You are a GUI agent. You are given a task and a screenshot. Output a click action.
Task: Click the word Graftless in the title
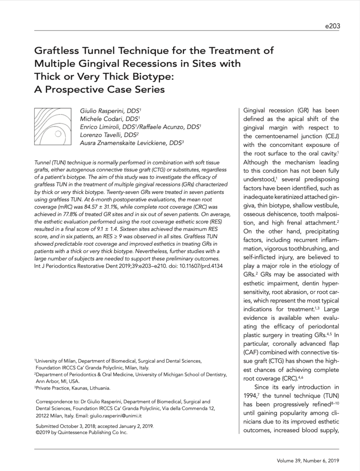click(x=55, y=51)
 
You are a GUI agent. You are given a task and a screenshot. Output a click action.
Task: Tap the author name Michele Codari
click(x=100, y=119)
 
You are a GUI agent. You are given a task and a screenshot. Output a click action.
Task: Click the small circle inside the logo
click(x=58, y=134)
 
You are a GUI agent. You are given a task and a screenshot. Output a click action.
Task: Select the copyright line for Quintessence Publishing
click(x=82, y=433)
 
